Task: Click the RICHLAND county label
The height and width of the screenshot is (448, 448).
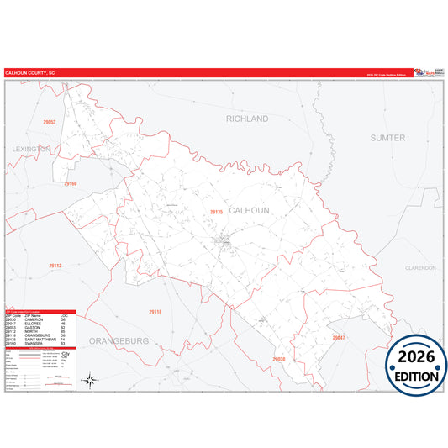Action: click(x=246, y=119)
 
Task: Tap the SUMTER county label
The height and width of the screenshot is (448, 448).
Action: click(x=387, y=136)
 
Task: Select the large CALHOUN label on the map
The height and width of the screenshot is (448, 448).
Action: click(x=250, y=211)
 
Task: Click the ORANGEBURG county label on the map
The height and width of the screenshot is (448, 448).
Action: click(x=118, y=341)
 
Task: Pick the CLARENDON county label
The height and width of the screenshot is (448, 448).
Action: click(x=421, y=267)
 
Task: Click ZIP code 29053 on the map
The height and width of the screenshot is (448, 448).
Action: click(x=49, y=122)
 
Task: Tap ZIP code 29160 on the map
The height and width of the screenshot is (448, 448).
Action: click(x=71, y=183)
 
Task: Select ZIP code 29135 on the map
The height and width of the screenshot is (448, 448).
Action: click(x=216, y=212)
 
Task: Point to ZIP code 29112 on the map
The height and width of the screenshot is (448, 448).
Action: click(x=55, y=266)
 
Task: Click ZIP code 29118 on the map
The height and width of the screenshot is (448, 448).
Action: click(x=155, y=312)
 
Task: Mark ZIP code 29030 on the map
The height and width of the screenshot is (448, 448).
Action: click(x=279, y=359)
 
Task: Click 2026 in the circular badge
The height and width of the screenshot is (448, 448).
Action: click(x=416, y=356)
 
